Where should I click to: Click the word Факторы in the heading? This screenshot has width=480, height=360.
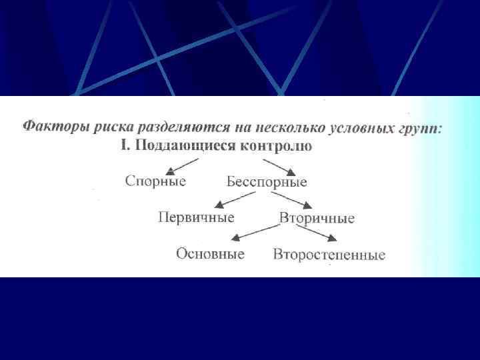51,127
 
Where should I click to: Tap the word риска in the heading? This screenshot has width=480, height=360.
106,127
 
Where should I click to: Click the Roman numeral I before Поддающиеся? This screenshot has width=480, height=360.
124,146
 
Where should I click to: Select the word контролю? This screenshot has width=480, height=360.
273,147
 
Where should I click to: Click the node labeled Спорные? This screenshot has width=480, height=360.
155,181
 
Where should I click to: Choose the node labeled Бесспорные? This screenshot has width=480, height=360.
267,182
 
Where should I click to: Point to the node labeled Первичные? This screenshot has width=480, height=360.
196,217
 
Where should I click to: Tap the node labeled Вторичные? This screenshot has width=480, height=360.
317,218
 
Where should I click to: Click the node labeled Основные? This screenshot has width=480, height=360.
210,254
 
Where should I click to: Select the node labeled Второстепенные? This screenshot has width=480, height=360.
329,255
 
